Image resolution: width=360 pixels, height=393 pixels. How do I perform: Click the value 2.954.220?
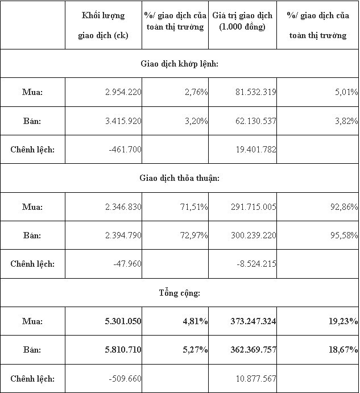point(123,92)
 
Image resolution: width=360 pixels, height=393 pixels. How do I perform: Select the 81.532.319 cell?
point(255,92)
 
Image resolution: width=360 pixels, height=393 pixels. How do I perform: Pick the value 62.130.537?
point(255,121)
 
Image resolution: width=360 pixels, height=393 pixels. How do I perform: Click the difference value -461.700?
point(125,150)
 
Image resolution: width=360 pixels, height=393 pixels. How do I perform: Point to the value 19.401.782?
point(255,150)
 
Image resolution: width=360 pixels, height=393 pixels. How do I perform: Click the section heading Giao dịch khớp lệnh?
point(180,63)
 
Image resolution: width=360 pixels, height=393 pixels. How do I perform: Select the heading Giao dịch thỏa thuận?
point(180,178)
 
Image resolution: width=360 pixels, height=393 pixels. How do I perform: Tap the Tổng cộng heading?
point(180,293)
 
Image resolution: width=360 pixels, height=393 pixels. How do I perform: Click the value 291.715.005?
point(253,207)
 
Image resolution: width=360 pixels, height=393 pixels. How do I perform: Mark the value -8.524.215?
point(256,264)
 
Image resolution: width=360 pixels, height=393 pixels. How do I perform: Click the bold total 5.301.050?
point(123,321)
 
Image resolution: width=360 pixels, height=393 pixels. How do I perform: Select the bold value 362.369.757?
point(253,350)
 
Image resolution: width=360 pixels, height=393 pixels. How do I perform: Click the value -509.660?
point(125,379)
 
